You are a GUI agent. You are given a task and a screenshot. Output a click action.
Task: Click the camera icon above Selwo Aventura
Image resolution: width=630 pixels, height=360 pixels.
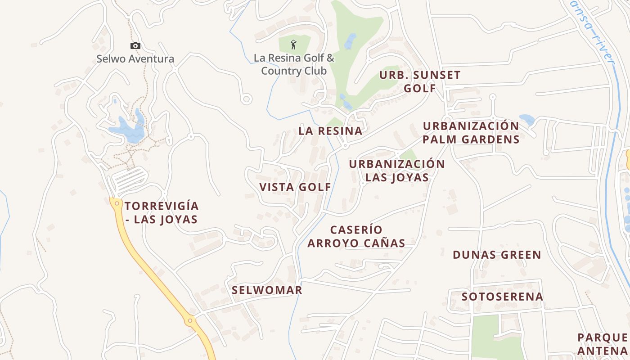135,45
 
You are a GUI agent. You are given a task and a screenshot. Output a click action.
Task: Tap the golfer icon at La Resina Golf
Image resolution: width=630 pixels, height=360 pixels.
293,45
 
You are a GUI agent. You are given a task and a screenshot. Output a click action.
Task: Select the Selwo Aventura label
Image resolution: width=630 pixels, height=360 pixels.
135,59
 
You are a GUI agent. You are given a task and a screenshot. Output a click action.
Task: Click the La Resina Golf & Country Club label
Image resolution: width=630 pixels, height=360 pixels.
294,64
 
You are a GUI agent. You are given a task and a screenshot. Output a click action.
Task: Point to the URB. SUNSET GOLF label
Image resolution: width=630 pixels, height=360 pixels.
420,81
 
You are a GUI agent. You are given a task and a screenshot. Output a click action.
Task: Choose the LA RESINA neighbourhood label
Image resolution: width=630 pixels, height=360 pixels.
330,131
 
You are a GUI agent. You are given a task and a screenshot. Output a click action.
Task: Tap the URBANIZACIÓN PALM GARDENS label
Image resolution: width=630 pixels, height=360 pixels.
471,132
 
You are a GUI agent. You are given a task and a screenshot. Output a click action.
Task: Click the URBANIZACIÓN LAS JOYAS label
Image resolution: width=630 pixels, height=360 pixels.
397,171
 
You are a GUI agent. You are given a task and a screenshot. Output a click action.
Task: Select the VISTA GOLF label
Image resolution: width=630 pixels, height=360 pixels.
295,187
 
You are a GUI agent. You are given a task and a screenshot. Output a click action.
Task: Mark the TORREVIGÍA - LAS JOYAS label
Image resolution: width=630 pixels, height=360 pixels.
161,213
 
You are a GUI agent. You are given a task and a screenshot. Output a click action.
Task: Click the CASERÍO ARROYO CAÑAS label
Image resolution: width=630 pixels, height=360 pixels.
356,237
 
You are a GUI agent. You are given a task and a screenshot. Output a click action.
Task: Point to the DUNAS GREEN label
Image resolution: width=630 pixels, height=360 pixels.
497,255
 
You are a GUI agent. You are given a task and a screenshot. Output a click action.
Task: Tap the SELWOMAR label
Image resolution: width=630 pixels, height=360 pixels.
267,290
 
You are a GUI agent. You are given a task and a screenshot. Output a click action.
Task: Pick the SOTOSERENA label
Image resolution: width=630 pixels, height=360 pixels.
502,297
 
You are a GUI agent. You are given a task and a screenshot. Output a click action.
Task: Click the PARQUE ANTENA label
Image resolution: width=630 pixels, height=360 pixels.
603,344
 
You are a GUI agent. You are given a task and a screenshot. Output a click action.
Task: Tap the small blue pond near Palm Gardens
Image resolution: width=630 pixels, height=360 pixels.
527,119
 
